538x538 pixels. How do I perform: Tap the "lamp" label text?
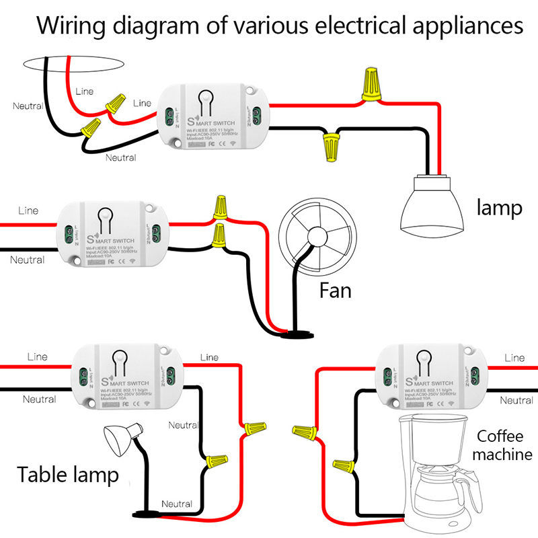point(498,208)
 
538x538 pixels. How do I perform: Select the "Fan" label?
point(335,291)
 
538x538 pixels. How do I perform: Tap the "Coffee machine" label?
point(501,445)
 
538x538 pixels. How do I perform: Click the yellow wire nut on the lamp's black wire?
point(330,145)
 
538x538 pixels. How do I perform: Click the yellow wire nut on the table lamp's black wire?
point(215,461)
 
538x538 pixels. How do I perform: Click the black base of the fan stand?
point(295,333)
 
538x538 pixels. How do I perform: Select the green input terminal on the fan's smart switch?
point(67,234)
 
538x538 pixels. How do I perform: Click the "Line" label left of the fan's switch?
point(28,210)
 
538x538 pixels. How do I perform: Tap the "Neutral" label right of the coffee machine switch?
point(516,399)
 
